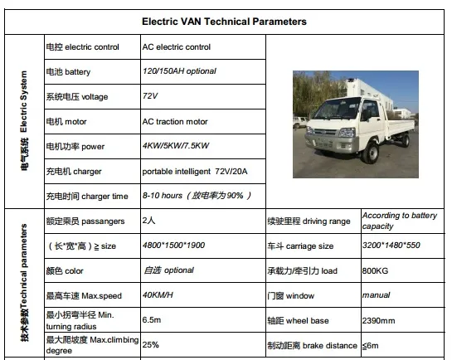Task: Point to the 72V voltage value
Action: (151, 96)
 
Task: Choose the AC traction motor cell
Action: (175, 121)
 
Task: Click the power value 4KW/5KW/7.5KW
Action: (176, 146)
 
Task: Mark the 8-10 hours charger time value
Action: (197, 196)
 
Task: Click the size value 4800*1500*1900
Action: (173, 246)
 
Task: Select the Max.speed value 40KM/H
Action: (158, 295)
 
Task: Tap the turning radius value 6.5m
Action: (151, 319)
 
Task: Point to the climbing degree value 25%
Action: (150, 344)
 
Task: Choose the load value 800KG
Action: (374, 270)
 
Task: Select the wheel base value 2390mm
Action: (377, 319)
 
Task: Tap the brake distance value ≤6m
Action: (371, 344)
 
